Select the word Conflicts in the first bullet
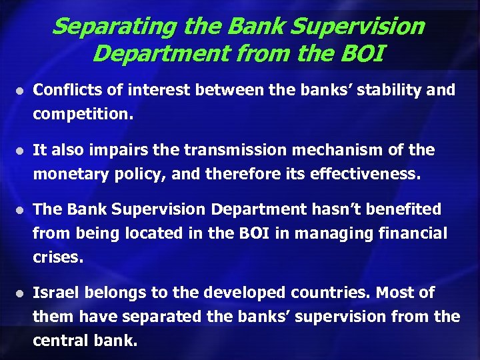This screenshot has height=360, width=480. click(x=62, y=89)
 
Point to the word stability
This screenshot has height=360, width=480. click(x=383, y=89)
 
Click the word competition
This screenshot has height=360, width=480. click(x=83, y=114)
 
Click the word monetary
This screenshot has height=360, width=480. click(x=66, y=175)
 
